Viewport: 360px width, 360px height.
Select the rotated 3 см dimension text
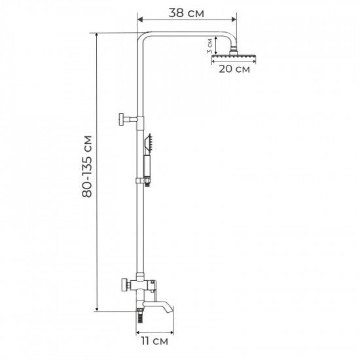click(x=209, y=45)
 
